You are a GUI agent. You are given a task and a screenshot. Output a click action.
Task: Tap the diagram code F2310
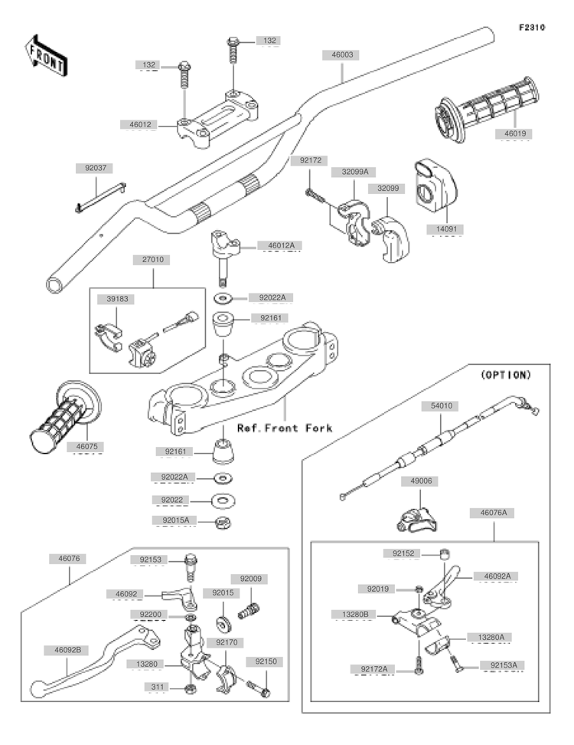click(531, 28)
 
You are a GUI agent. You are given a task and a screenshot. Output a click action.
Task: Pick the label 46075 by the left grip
click(85, 445)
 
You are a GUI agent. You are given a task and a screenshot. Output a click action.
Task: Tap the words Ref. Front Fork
click(284, 428)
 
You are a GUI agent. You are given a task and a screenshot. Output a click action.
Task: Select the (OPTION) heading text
click(504, 375)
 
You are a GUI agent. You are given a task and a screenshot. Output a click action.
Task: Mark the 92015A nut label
click(174, 520)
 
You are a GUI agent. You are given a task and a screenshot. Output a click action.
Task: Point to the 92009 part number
click(251, 579)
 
